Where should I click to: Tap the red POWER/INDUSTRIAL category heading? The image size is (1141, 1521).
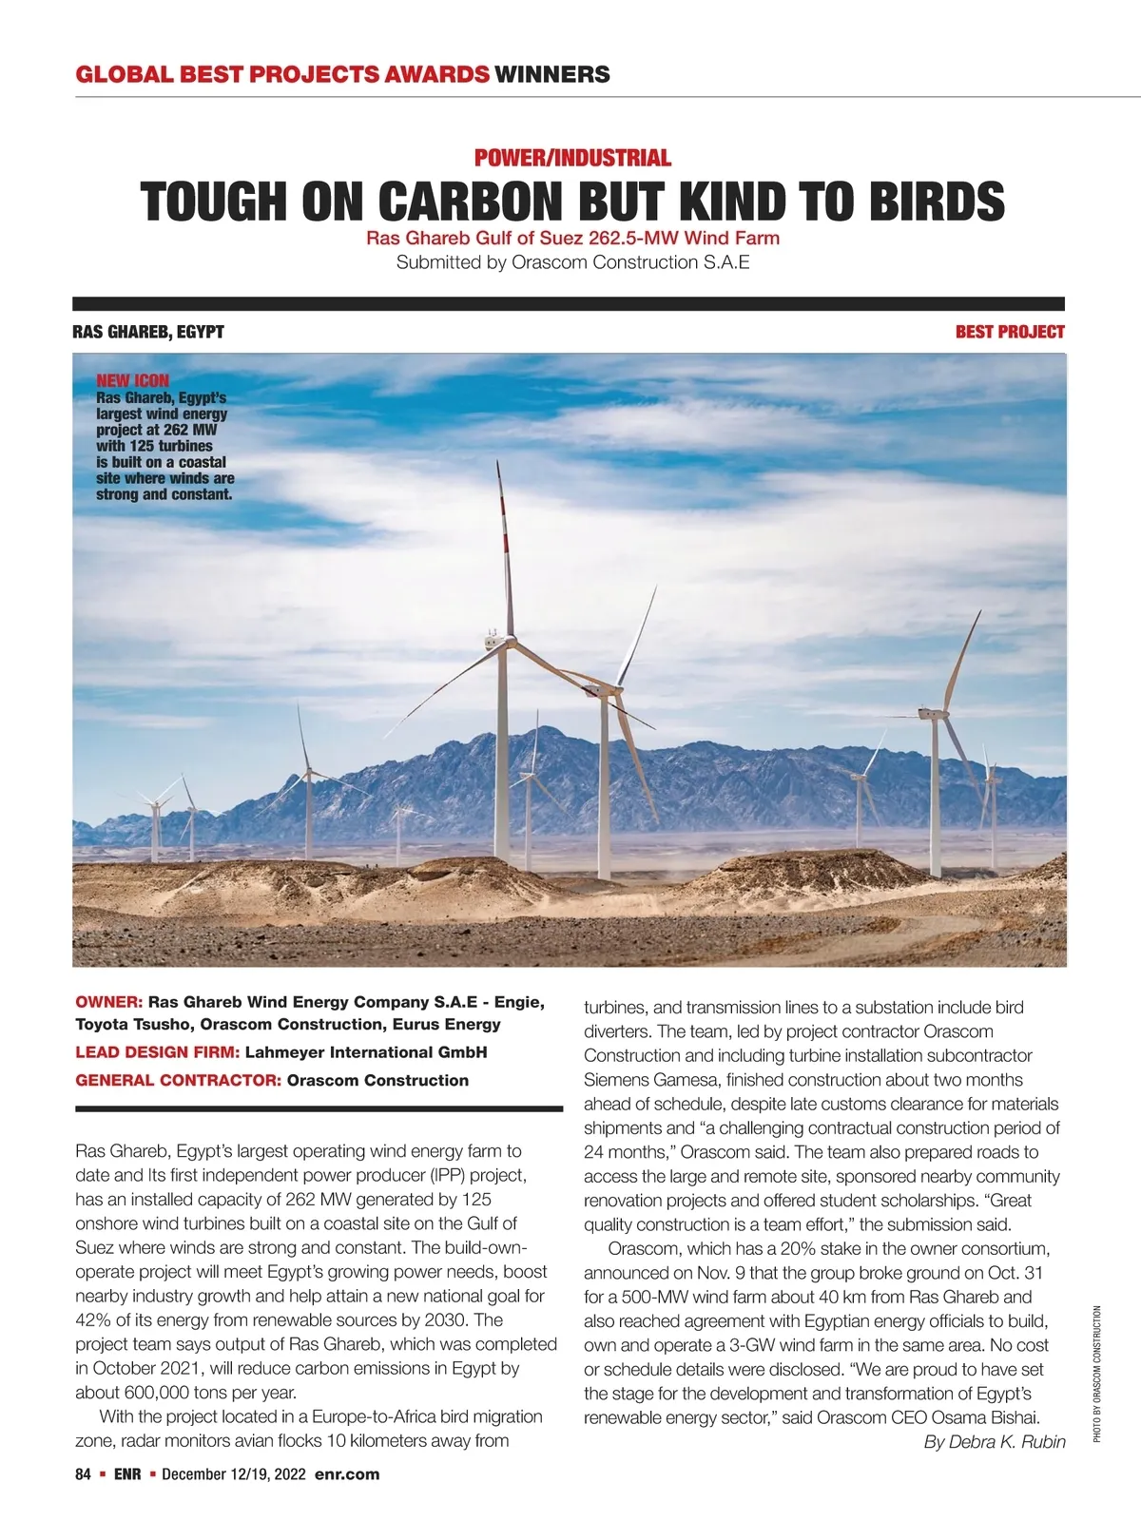tap(572, 158)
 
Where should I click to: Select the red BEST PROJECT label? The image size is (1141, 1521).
tap(1009, 332)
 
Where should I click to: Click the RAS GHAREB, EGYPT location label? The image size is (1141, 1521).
tap(148, 332)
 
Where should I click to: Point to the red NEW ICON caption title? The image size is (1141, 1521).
tap(132, 380)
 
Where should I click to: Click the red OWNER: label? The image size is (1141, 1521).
tap(108, 1002)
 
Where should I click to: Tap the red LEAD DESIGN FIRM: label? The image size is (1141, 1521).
tap(158, 1052)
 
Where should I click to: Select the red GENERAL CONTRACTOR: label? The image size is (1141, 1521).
tap(178, 1080)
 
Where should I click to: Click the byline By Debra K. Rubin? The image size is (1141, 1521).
tap(994, 1442)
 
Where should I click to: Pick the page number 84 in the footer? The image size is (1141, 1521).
tap(83, 1474)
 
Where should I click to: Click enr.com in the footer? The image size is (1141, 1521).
tap(347, 1474)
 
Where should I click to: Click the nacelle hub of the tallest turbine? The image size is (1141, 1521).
tap(496, 643)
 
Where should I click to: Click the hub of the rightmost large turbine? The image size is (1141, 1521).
tap(928, 713)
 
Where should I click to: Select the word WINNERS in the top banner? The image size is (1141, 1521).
tap(552, 74)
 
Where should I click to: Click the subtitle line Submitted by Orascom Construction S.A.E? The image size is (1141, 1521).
tap(572, 262)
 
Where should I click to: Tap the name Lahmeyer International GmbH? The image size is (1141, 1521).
tap(366, 1052)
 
